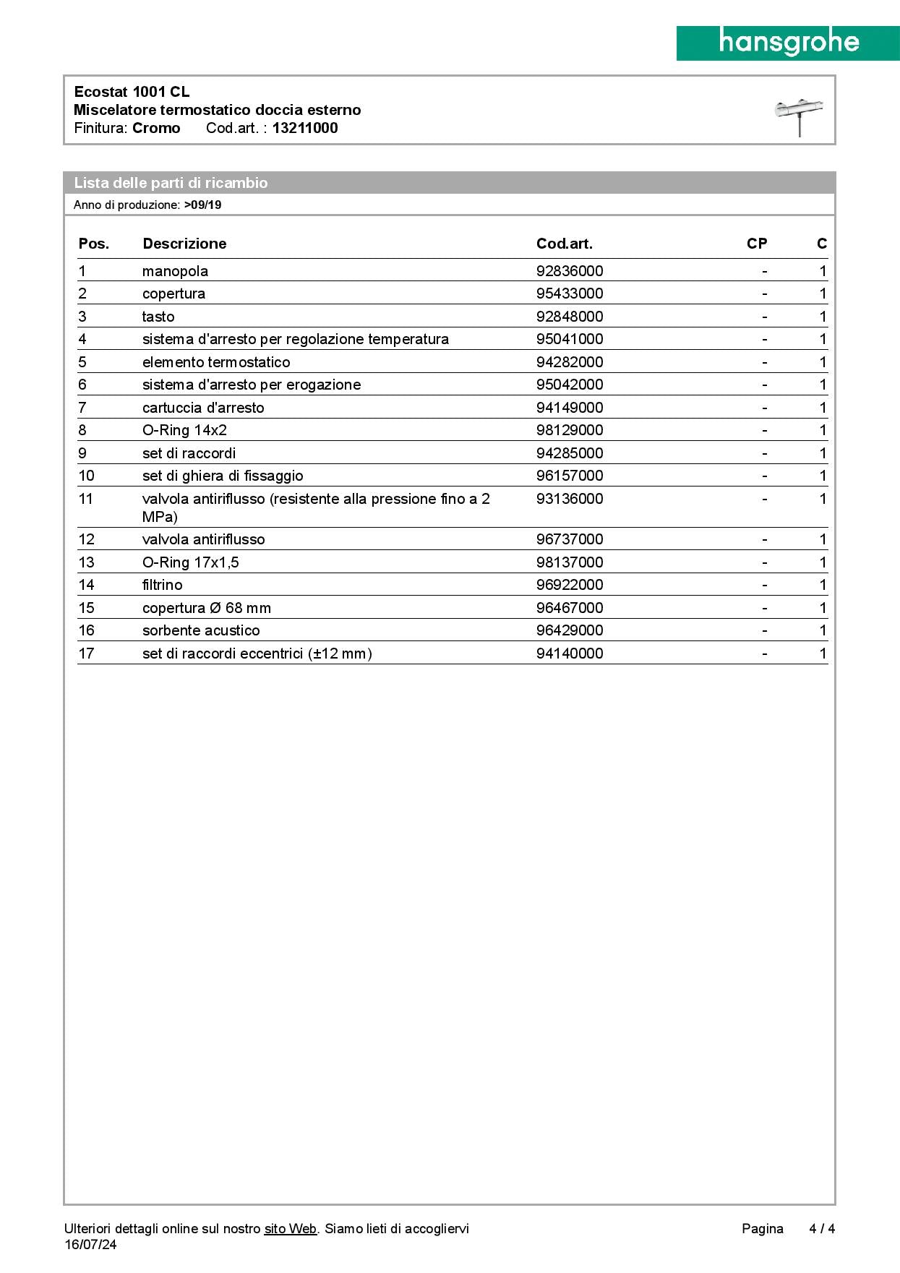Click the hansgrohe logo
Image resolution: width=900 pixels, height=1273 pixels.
[x=788, y=43]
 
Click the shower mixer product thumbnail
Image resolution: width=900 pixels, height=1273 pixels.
[x=799, y=116]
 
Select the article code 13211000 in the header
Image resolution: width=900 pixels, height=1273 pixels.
[x=305, y=128]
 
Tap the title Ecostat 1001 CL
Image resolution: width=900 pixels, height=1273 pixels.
[x=132, y=92]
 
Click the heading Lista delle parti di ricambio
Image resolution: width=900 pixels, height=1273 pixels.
[x=171, y=183]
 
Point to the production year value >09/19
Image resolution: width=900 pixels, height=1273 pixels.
[x=202, y=205]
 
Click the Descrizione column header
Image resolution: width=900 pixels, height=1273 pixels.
[x=184, y=244]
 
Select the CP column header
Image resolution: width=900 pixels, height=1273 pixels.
[x=756, y=244]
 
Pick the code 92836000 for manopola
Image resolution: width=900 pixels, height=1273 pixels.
[x=570, y=271]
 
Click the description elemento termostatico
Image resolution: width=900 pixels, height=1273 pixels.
[x=216, y=362]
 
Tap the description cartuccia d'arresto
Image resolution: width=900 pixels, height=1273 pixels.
[x=203, y=408]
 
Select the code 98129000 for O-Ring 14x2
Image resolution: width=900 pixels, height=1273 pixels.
[x=570, y=430]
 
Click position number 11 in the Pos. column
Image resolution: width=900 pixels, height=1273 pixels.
[x=86, y=499]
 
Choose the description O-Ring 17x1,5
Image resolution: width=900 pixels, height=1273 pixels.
[x=190, y=562]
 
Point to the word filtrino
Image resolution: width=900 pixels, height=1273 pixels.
[x=162, y=585]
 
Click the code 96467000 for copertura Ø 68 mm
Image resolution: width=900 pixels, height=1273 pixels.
[x=570, y=608]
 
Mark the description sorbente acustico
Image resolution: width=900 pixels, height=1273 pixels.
[x=201, y=630]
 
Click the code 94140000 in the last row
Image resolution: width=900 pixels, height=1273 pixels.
[x=570, y=653]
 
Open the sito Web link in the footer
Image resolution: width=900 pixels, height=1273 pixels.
[x=291, y=1228]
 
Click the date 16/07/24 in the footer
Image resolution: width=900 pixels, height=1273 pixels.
[x=90, y=1244]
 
